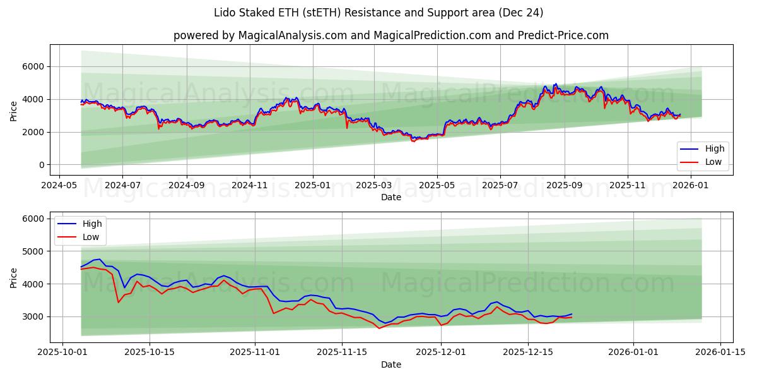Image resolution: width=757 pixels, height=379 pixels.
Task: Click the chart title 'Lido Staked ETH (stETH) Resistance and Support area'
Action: pos(378,13)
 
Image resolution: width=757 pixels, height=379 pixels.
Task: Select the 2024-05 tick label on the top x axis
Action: pos(59,186)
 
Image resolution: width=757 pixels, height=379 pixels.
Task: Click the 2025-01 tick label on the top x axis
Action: pos(313,186)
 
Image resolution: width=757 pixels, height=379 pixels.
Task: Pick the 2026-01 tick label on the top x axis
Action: pos(692,186)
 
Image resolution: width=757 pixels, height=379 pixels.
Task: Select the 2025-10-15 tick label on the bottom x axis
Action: pos(150,352)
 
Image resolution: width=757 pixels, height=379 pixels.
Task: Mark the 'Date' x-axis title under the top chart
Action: pos(391,197)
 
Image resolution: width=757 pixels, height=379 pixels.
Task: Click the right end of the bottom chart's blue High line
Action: pos(572,314)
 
